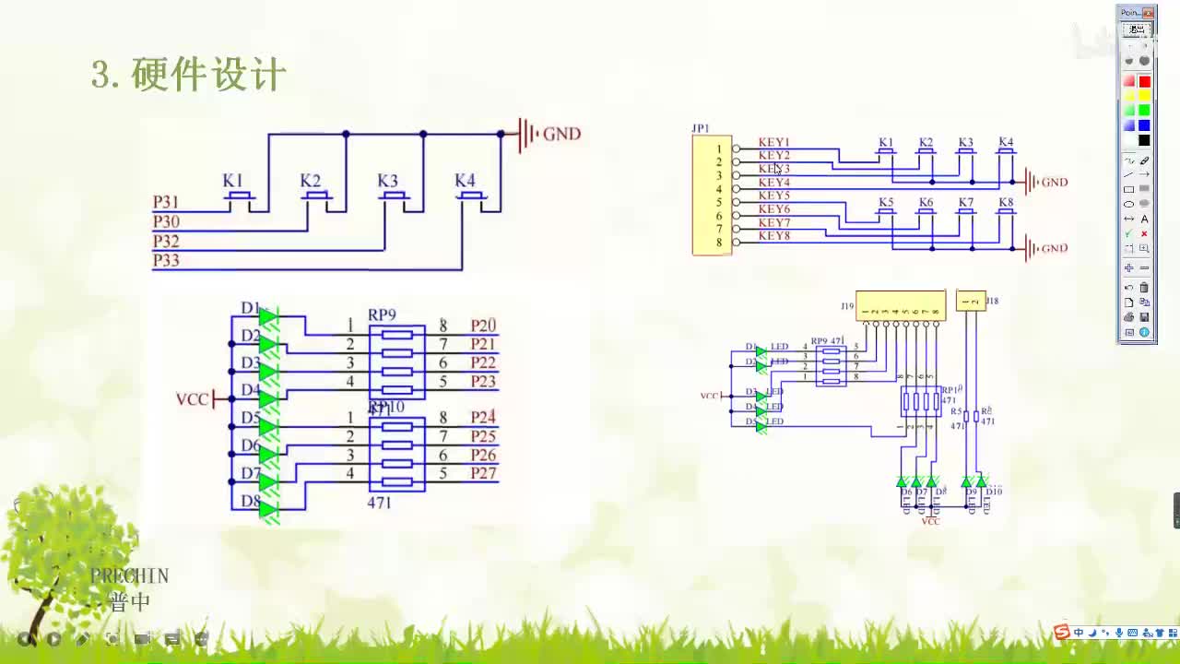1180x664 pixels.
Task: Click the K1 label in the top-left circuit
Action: point(232,181)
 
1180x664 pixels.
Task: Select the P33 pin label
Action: point(166,261)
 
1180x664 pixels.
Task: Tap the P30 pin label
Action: point(166,221)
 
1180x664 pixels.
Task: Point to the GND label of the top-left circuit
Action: point(561,134)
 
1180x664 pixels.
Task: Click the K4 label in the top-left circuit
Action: point(465,181)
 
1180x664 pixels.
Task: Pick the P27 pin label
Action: point(483,473)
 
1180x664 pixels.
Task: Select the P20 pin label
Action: point(483,326)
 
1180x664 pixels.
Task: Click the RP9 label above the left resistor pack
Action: point(382,314)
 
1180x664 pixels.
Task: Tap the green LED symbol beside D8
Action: point(269,509)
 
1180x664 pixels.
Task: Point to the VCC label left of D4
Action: point(192,399)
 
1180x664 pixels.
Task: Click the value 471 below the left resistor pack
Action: point(379,503)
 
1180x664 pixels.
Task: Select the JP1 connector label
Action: point(701,128)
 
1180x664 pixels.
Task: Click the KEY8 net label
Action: point(774,236)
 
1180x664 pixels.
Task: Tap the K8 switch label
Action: point(1006,202)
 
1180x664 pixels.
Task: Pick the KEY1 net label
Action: point(774,143)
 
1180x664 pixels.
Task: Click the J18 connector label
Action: point(992,301)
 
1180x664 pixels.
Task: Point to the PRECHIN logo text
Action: point(129,576)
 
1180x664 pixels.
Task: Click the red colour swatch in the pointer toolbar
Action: point(1144,81)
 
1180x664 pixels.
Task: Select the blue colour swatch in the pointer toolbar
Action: point(1144,125)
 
